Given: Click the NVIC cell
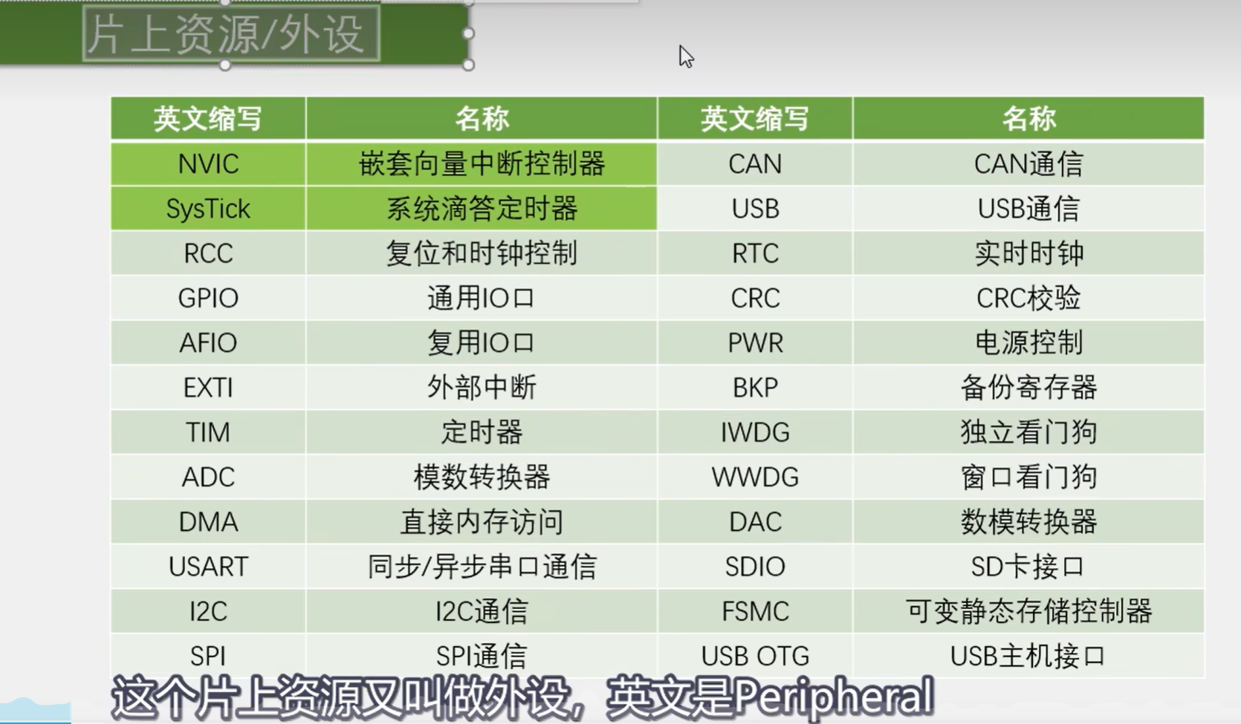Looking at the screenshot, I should click(x=208, y=164).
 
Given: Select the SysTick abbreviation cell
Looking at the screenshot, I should click(x=208, y=209).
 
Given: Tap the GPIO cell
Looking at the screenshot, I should click(x=208, y=298).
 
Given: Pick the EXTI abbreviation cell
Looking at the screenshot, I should click(x=208, y=388).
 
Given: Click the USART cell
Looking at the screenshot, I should click(x=208, y=567).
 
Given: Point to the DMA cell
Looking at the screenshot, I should click(x=208, y=522).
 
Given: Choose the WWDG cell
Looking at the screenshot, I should click(x=755, y=477).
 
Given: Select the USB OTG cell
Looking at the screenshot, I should click(x=755, y=656).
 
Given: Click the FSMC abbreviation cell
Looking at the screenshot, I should click(x=755, y=611).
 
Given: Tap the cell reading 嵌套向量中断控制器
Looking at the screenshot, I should click(x=482, y=164).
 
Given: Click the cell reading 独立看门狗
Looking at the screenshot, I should click(x=1028, y=432).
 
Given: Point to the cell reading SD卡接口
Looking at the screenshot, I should click(x=1028, y=567).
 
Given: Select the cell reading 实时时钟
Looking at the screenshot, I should click(x=1028, y=253).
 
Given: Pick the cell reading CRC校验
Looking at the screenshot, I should click(x=1028, y=298).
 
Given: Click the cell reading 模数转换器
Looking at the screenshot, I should click(x=482, y=477).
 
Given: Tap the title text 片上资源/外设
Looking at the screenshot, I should click(x=231, y=33).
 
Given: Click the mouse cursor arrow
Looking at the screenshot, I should click(x=685, y=56).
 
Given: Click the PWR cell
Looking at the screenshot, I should click(x=755, y=343).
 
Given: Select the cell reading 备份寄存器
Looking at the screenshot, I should click(x=1028, y=388).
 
